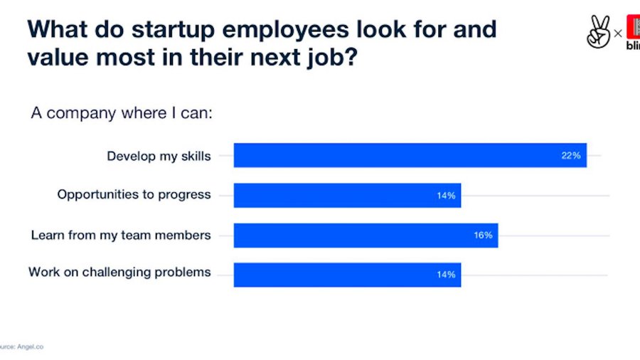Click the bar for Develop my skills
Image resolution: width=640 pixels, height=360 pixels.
410,155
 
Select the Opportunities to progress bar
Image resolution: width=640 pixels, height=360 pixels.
347,195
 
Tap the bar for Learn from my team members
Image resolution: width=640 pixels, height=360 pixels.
366,235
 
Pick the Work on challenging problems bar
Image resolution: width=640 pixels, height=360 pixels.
347,275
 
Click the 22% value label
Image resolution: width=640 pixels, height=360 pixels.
571,155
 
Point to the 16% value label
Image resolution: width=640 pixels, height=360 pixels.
483,235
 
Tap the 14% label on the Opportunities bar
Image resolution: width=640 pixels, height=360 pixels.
446,195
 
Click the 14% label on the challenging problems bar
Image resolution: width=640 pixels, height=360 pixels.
446,275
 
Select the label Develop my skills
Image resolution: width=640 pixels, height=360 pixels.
159,156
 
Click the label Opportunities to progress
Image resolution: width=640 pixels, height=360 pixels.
134,195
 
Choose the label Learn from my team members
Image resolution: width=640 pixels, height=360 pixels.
121,235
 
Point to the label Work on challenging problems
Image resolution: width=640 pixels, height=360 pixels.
119,272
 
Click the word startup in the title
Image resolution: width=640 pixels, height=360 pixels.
175,30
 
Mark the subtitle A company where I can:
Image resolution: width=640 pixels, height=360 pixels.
121,114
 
